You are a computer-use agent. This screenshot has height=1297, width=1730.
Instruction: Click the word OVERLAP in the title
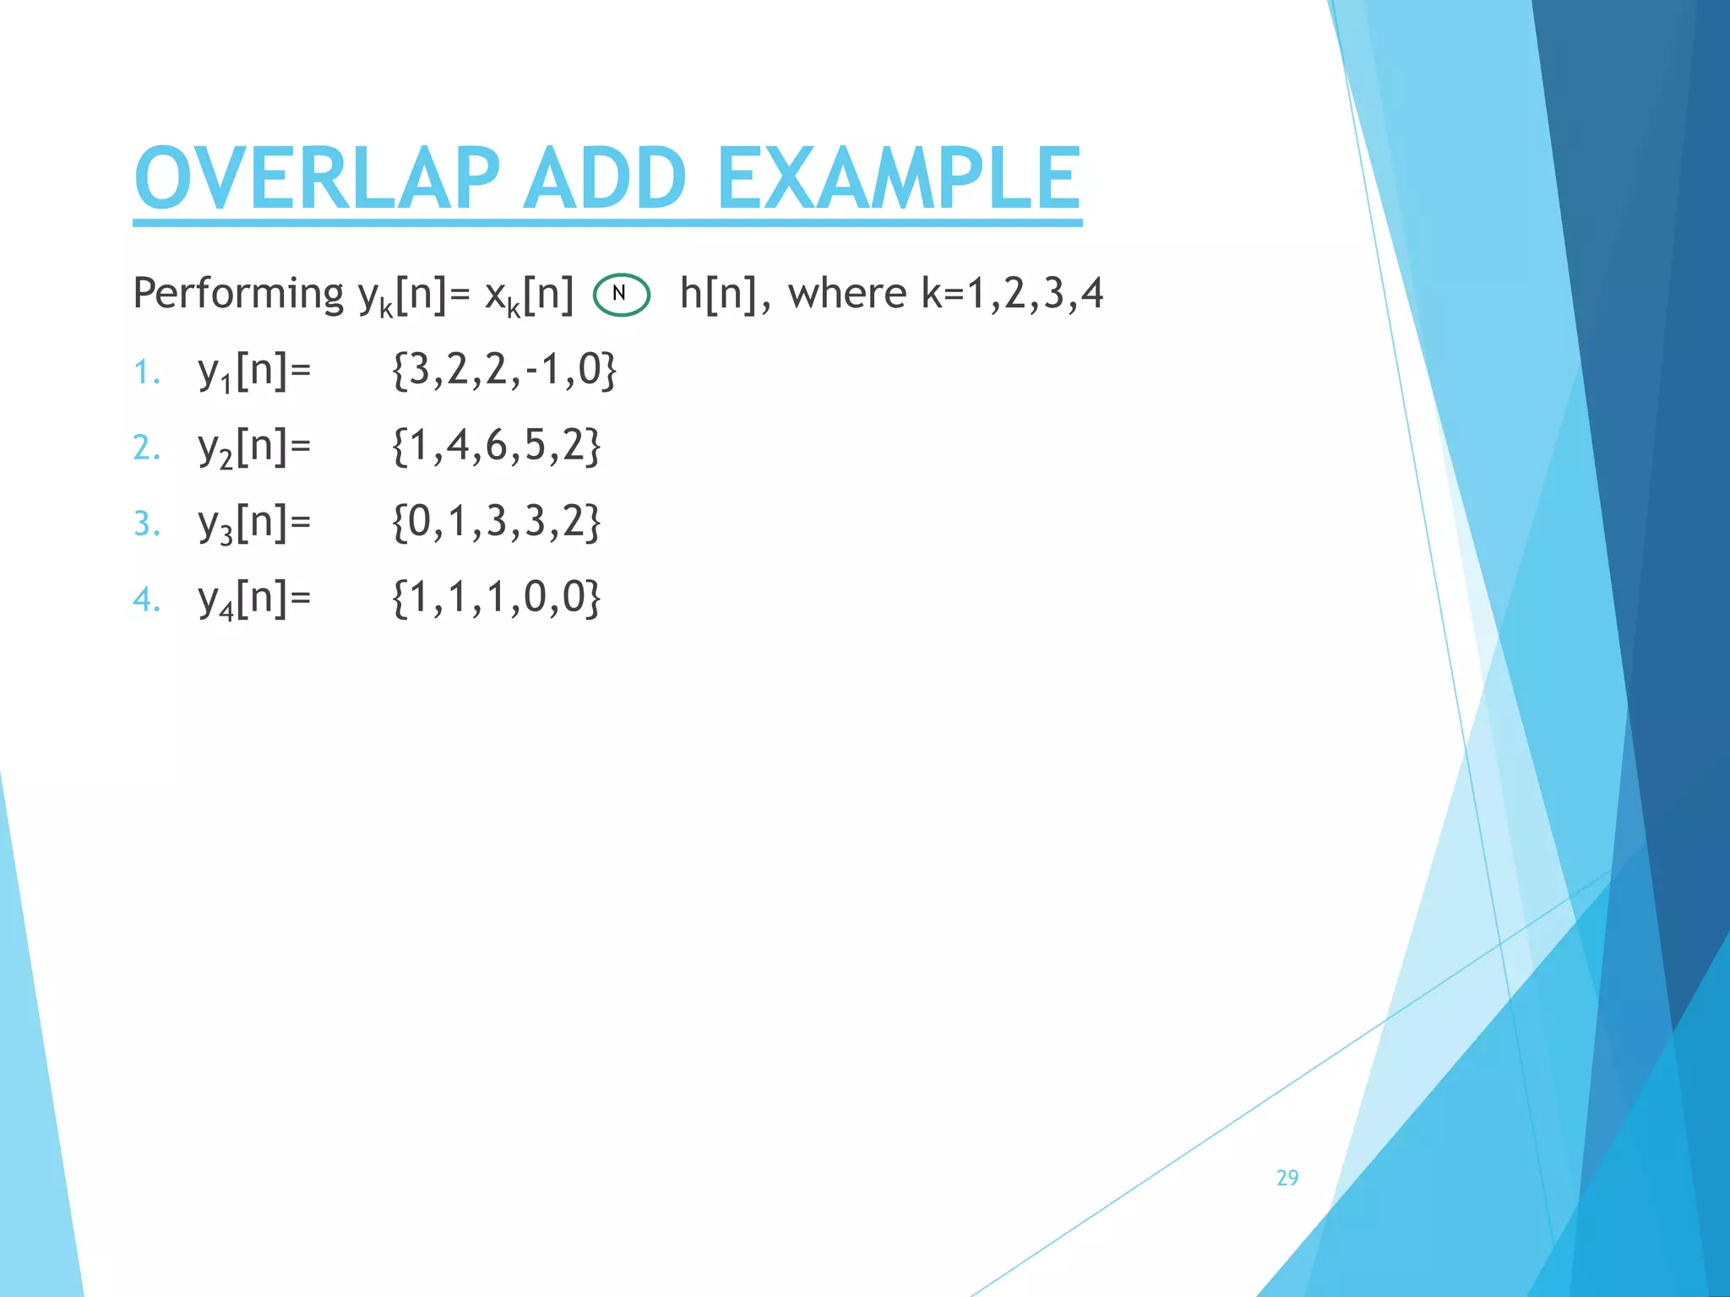coord(317,178)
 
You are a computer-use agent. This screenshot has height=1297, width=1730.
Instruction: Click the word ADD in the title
coord(605,178)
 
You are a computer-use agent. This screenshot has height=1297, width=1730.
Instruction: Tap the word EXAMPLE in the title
coord(899,178)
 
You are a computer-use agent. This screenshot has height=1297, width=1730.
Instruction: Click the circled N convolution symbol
coord(621,295)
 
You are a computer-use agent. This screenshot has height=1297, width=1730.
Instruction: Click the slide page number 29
coord(1287,1178)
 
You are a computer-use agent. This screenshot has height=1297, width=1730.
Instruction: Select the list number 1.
coord(146,372)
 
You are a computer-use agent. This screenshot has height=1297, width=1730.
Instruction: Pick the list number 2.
coord(146,448)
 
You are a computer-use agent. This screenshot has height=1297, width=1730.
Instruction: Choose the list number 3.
coord(146,524)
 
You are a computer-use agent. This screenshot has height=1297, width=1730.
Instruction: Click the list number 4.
coord(146,600)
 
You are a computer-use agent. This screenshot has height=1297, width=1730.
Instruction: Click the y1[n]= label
coord(254,372)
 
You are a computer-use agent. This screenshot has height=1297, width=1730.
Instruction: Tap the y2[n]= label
coord(254,448)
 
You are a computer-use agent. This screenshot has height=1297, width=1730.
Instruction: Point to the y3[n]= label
coord(254,524)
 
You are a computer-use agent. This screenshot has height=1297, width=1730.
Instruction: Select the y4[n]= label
coord(254,600)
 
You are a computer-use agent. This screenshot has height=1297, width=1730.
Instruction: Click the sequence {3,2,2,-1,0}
coord(504,371)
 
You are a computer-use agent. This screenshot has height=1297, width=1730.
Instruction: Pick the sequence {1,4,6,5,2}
coord(496,446)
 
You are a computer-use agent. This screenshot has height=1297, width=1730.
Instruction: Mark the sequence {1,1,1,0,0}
coord(496,598)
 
